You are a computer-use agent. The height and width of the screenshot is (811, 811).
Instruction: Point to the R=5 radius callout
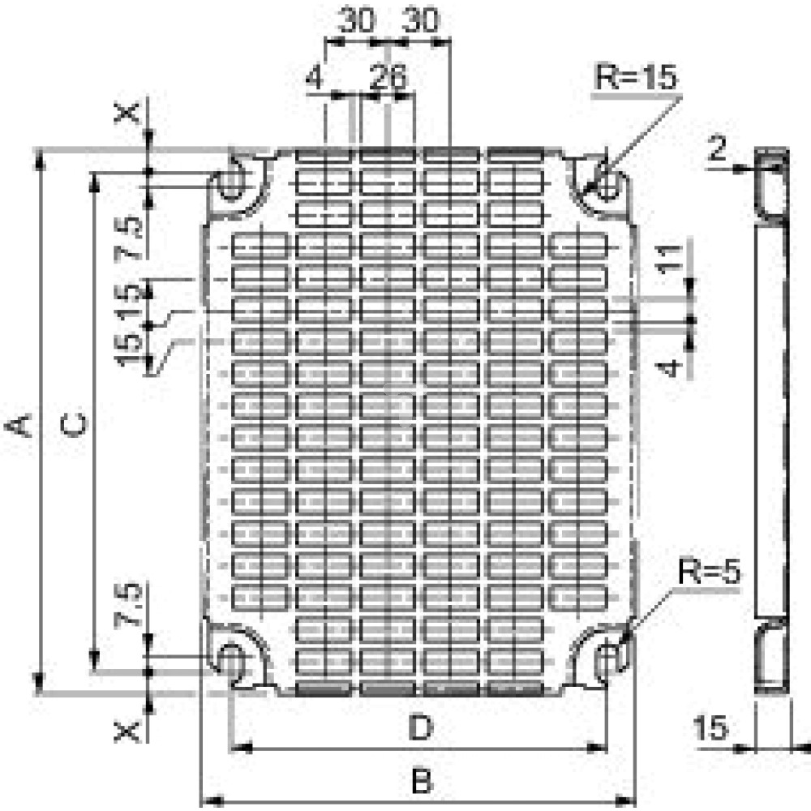pyautogui.click(x=710, y=573)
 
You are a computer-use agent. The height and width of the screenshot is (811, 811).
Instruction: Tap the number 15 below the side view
pyautogui.click(x=711, y=728)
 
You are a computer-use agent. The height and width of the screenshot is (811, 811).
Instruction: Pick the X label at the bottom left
pyautogui.click(x=128, y=732)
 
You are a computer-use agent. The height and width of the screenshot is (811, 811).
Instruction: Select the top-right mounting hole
pyautogui.click(x=607, y=180)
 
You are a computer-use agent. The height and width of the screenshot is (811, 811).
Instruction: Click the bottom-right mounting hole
pyautogui.click(x=607, y=659)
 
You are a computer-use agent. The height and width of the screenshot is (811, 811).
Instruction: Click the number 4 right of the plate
pyautogui.click(x=667, y=367)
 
